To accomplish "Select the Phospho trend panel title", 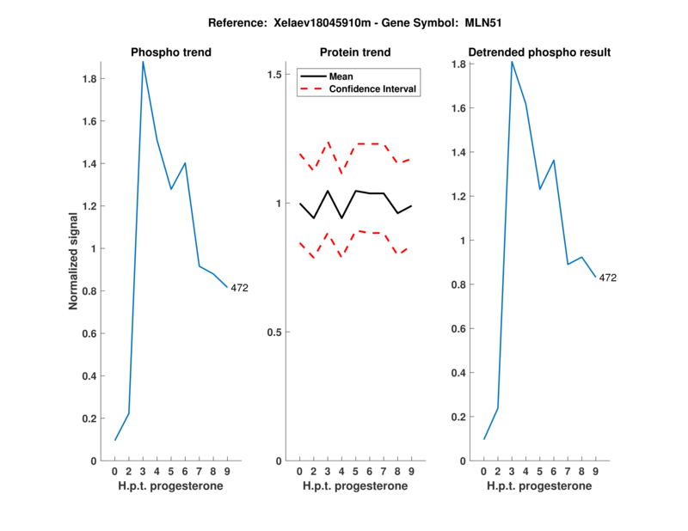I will coord(171,52).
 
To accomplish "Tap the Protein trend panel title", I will coord(355,52).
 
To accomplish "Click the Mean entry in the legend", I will coord(341,76).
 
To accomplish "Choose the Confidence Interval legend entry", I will coord(373,88).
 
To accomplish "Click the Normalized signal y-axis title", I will coord(74,261).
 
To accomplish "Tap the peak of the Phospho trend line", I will coord(143,62).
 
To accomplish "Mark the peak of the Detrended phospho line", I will coord(512,62).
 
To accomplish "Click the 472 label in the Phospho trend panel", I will coord(239,288).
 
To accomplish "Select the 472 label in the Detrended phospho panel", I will coord(608,278).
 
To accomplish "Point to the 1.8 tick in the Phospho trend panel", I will coord(89,79).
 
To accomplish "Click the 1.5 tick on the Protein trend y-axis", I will coord(274,75).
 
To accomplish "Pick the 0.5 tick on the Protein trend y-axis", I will coord(274,333).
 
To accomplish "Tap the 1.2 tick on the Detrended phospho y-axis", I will coord(458,197).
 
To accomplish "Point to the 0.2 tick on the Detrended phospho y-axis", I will coord(458,418).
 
